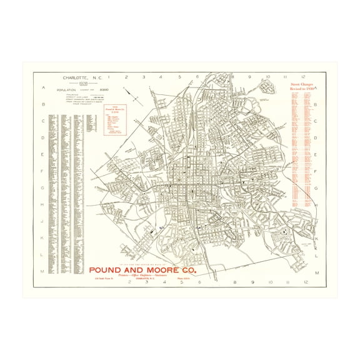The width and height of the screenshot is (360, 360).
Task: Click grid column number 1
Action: coord(108,77)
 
